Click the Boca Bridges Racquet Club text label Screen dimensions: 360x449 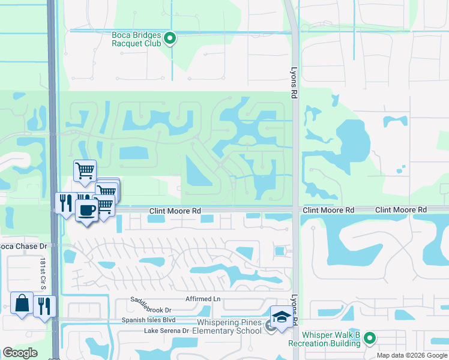point(137,39)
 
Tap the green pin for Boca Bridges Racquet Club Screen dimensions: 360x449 point(170,39)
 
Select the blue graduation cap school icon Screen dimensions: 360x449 point(281,316)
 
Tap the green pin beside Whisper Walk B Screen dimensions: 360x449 point(370,339)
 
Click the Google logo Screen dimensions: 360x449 point(20,353)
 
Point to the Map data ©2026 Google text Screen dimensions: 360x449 point(412,355)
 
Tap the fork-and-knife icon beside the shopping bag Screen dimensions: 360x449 point(44,306)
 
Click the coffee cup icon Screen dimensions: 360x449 point(87,211)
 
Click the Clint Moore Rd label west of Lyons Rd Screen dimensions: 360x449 point(175,211)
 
